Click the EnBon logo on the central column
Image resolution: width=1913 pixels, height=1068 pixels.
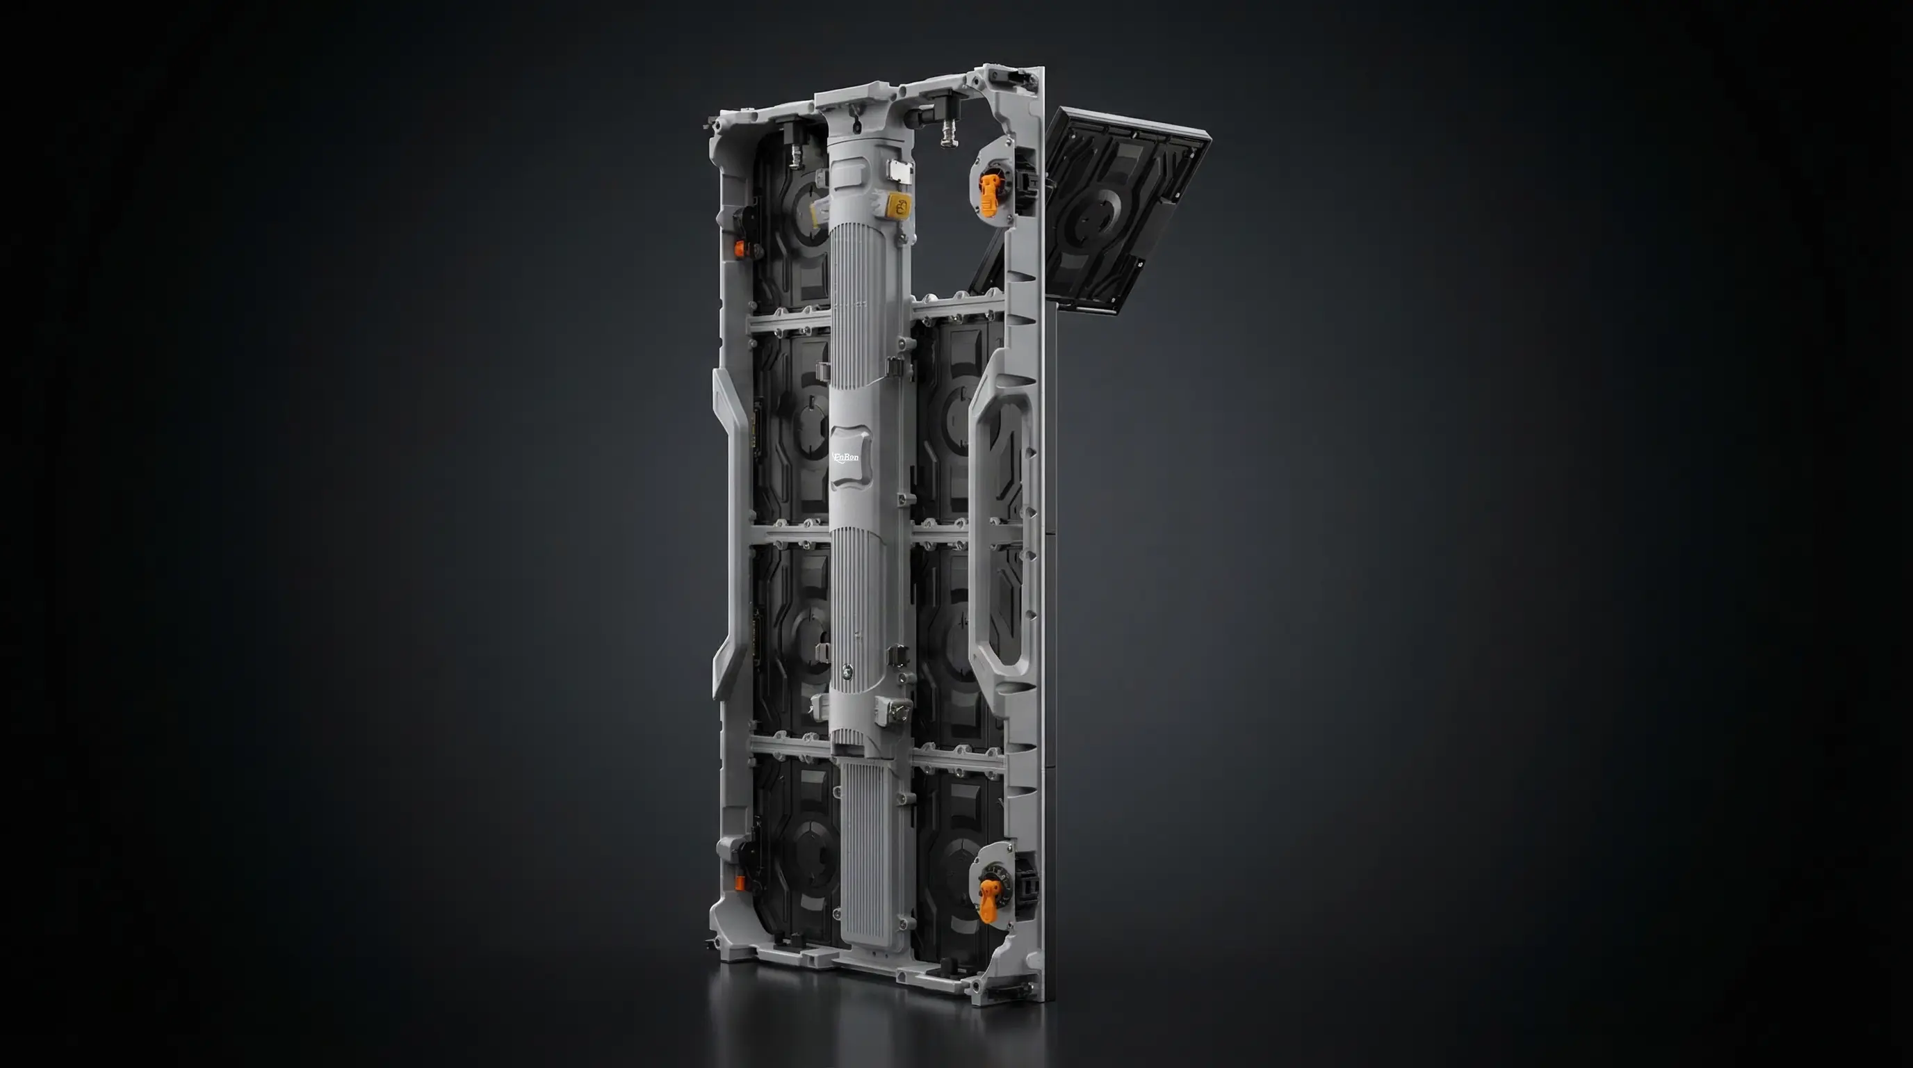(846, 458)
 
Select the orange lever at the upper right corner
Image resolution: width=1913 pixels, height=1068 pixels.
(988, 195)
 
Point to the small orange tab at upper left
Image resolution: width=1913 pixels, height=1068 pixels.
(739, 248)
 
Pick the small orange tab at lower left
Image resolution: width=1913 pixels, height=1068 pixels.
(740, 882)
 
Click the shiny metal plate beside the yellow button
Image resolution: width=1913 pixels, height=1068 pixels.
(899, 170)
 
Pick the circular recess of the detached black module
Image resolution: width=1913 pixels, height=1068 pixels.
(1091, 218)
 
